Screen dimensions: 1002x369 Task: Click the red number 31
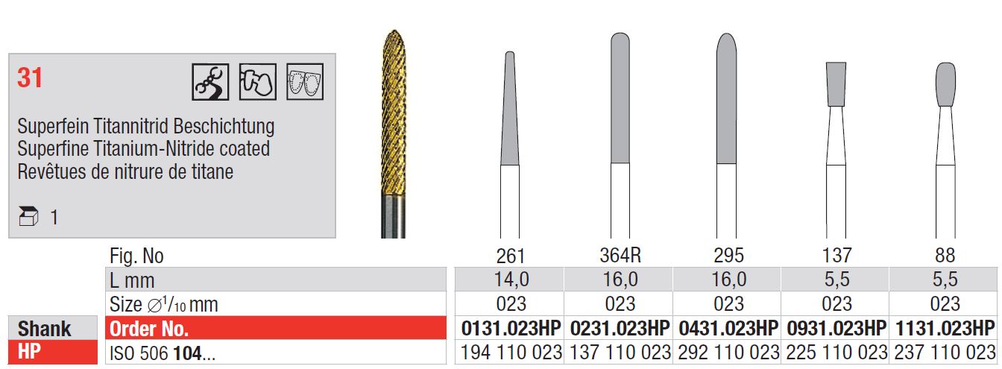tap(30, 78)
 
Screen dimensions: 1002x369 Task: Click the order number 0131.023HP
tap(511, 328)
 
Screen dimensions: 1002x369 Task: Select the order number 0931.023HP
tap(836, 328)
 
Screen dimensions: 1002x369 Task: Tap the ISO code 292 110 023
tap(728, 353)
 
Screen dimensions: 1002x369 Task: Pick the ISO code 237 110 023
tap(945, 353)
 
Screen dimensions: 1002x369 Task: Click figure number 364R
tap(620, 255)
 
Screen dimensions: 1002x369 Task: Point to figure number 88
tap(945, 256)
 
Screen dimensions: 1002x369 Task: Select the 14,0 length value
tap(511, 280)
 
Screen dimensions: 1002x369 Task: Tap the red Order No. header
tap(149, 329)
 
